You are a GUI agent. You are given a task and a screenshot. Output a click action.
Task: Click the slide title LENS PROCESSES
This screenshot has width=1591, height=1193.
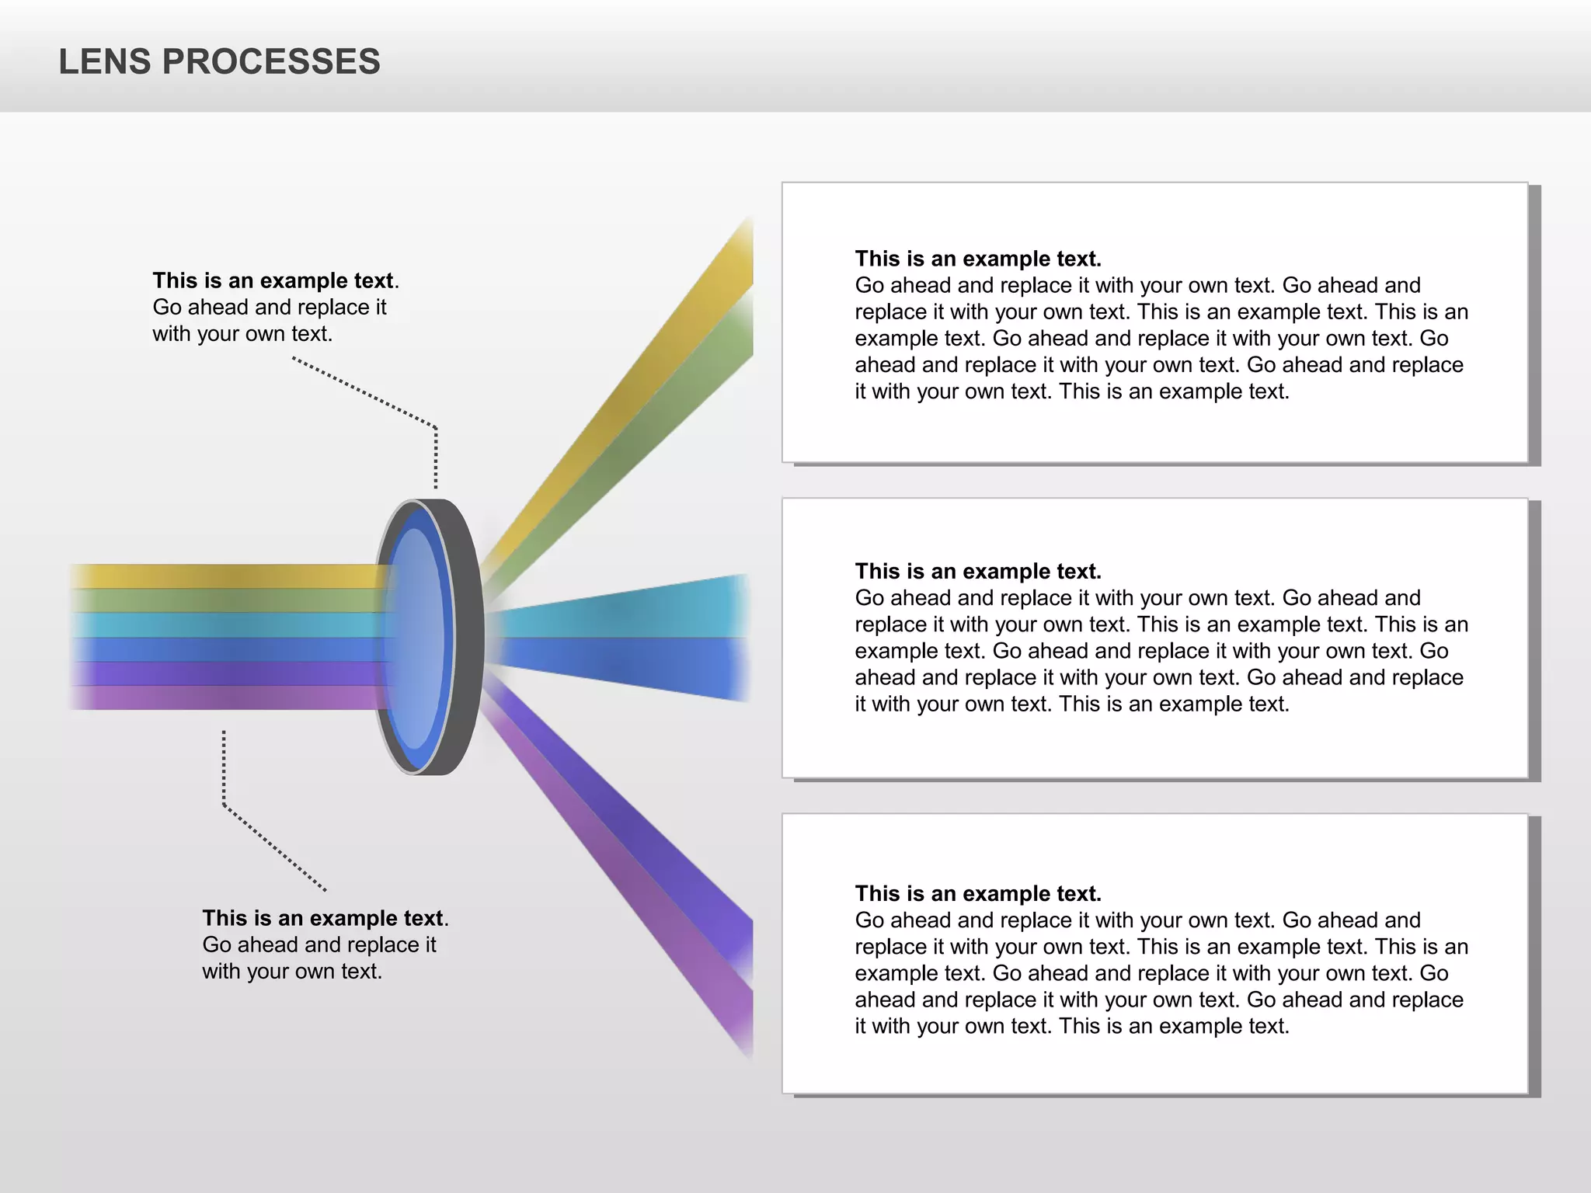[x=220, y=62]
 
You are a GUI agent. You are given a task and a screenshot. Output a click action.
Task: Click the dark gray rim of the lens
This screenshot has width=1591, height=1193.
[x=466, y=637]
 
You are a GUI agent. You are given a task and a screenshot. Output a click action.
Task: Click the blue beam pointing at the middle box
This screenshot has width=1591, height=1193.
[x=660, y=660]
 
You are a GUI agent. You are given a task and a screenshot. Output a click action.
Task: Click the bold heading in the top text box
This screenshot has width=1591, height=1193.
[x=977, y=259]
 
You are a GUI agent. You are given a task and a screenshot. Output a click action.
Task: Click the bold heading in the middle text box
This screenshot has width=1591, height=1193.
[x=977, y=572]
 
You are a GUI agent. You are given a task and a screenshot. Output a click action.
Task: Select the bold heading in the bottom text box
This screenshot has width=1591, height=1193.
[x=977, y=893]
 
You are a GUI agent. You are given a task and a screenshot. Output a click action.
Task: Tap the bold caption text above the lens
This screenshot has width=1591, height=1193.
[x=273, y=280]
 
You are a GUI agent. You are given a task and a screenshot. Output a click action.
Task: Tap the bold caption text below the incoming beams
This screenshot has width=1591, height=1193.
[x=322, y=918]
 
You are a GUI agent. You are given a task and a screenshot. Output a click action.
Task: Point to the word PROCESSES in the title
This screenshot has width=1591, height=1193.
[x=271, y=62]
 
